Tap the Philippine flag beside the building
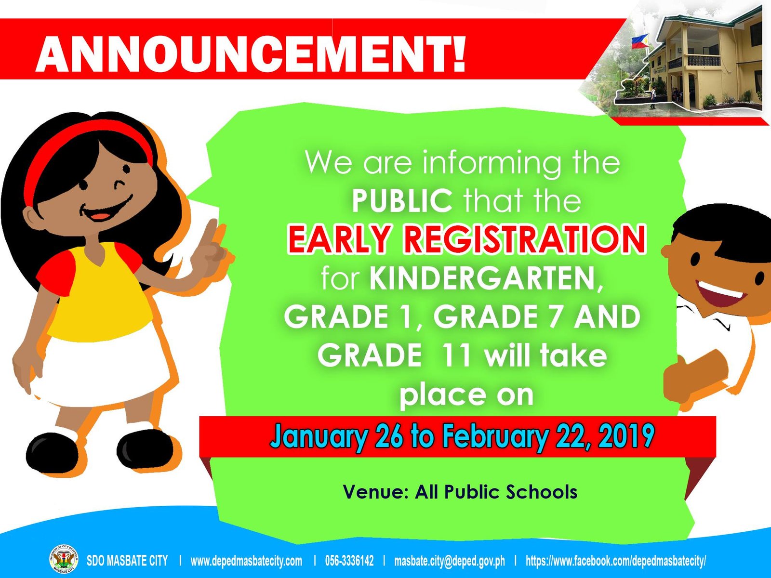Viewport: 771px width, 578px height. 639,41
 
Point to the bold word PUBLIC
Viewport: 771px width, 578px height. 402,200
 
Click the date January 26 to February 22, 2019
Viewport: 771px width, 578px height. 462,436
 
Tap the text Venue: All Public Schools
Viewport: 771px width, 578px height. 460,492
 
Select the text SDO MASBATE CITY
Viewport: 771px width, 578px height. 127,561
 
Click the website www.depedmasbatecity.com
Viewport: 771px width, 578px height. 246,561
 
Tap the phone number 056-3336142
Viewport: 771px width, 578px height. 349,561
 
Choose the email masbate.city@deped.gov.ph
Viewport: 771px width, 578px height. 450,561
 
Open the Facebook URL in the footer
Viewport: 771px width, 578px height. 616,561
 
